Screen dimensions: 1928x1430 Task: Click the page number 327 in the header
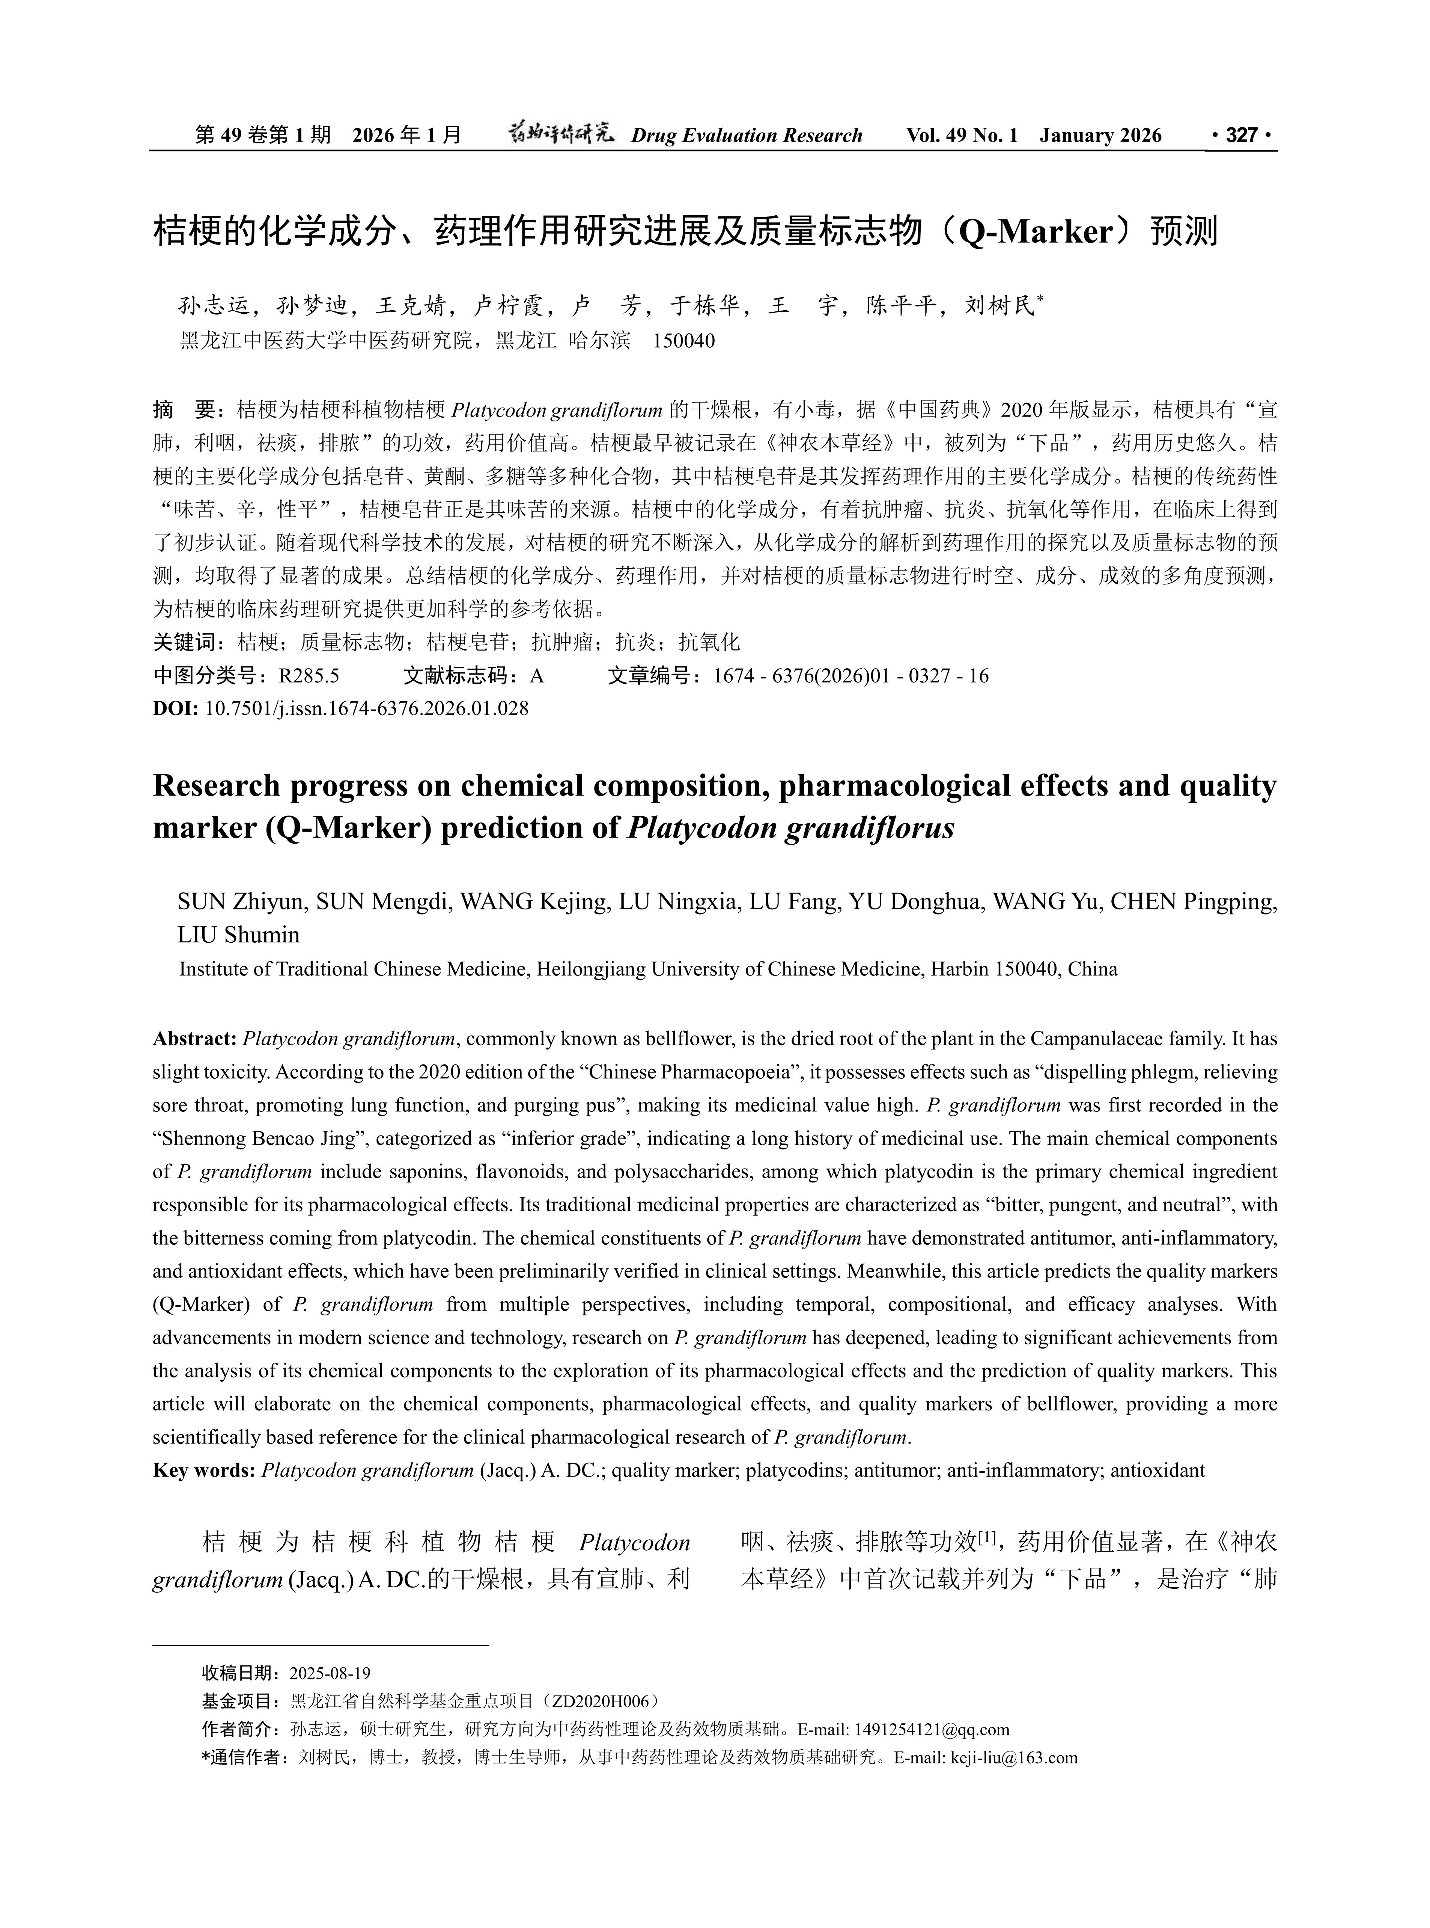click(x=1242, y=135)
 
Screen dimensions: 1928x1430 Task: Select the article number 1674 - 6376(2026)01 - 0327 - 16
click(x=851, y=676)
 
